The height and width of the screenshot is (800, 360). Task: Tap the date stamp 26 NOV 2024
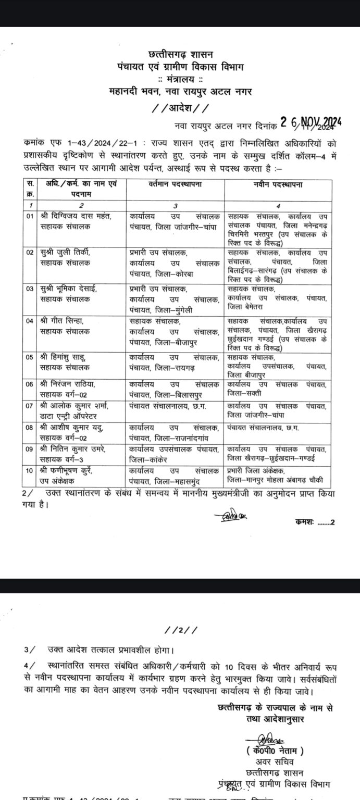coord(311,122)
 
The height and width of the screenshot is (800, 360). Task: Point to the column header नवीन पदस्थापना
coord(280,185)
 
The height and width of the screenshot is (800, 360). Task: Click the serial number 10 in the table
coord(30,470)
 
